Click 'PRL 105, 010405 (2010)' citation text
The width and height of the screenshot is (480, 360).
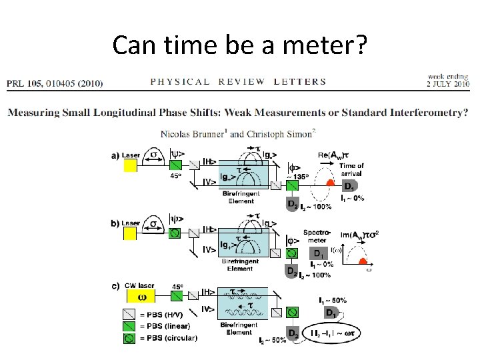[x=55, y=83]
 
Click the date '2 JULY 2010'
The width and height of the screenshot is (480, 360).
[x=448, y=83]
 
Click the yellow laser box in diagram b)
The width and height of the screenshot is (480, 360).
[x=130, y=233]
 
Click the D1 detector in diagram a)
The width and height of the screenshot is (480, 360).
[x=349, y=186]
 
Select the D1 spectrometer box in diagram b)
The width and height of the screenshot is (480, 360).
[x=319, y=254]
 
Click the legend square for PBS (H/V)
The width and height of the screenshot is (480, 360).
[x=129, y=315]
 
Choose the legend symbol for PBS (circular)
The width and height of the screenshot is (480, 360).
[x=129, y=338]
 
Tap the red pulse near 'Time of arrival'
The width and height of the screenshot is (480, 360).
[x=329, y=182]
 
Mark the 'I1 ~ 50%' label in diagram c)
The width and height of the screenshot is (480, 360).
[x=333, y=301]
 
